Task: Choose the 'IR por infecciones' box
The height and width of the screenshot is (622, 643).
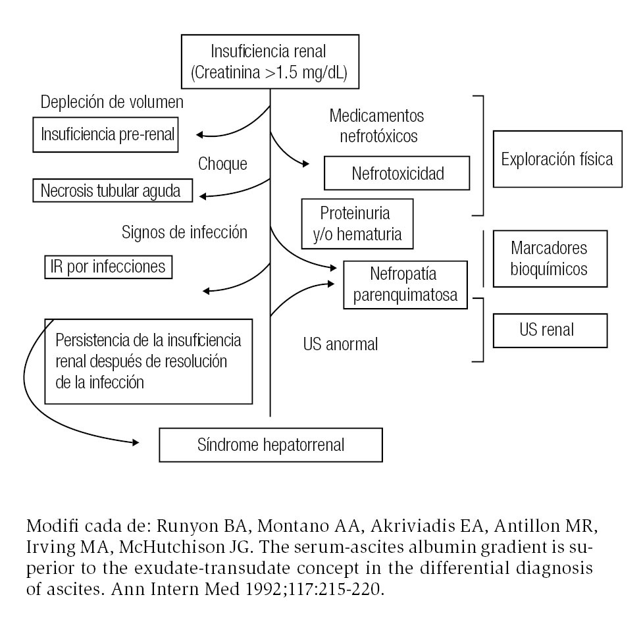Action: [107, 268]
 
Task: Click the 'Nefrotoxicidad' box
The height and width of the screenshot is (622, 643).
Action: [397, 173]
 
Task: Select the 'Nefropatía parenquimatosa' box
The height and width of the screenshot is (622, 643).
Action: [405, 285]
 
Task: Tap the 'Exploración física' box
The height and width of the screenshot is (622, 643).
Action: [556, 159]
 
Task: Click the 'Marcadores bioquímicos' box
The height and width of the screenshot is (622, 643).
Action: [549, 259]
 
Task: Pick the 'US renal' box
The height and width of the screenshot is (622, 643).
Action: [550, 329]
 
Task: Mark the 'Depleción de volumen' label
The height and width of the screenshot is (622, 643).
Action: [112, 102]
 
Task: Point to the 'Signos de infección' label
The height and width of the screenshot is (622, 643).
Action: [184, 232]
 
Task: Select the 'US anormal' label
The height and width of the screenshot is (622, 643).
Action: [340, 344]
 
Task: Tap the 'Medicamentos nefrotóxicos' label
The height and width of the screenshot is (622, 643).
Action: [376, 125]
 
